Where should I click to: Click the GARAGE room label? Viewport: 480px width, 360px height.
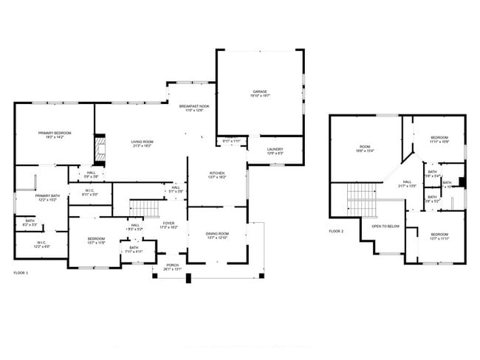260,91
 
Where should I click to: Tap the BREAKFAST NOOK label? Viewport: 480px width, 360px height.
194,107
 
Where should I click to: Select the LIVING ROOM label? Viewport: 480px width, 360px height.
142,142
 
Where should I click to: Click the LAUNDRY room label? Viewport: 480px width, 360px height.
275,149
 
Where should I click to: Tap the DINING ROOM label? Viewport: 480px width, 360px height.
217,234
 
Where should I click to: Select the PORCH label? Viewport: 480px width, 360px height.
172,265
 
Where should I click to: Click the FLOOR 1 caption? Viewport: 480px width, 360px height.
21,273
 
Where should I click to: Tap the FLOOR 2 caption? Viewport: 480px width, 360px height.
336,231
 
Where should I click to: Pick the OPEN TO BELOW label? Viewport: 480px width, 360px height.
386,226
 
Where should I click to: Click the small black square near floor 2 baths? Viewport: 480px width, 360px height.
462,181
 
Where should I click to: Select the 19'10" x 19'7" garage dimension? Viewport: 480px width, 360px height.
260,96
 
